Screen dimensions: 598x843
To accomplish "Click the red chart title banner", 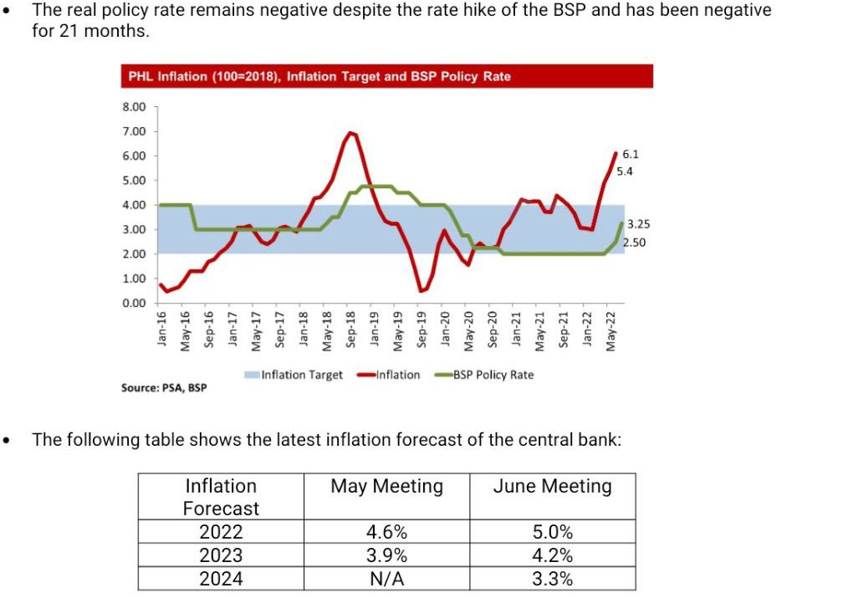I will tap(386, 76).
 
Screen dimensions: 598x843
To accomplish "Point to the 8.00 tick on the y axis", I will tap(135, 107).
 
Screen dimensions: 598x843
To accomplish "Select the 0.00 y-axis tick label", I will tap(135, 303).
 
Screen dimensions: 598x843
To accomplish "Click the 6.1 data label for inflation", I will tap(631, 155).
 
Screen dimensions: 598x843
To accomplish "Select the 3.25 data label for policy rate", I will tap(638, 224).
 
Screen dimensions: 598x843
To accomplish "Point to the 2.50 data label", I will tap(635, 243).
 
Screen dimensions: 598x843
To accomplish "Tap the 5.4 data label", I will tap(625, 171).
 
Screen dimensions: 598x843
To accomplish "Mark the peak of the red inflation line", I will tap(351, 133).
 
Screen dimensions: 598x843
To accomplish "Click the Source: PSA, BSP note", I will tap(164, 388).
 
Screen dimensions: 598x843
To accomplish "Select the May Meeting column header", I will tap(386, 487).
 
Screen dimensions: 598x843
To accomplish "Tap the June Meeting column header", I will tap(552, 487).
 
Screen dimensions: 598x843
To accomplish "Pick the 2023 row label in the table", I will tap(221, 555).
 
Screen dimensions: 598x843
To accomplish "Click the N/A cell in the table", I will tap(386, 579).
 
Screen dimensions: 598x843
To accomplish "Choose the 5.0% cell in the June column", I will tap(552, 532).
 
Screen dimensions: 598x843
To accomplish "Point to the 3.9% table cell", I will tap(386, 555).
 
